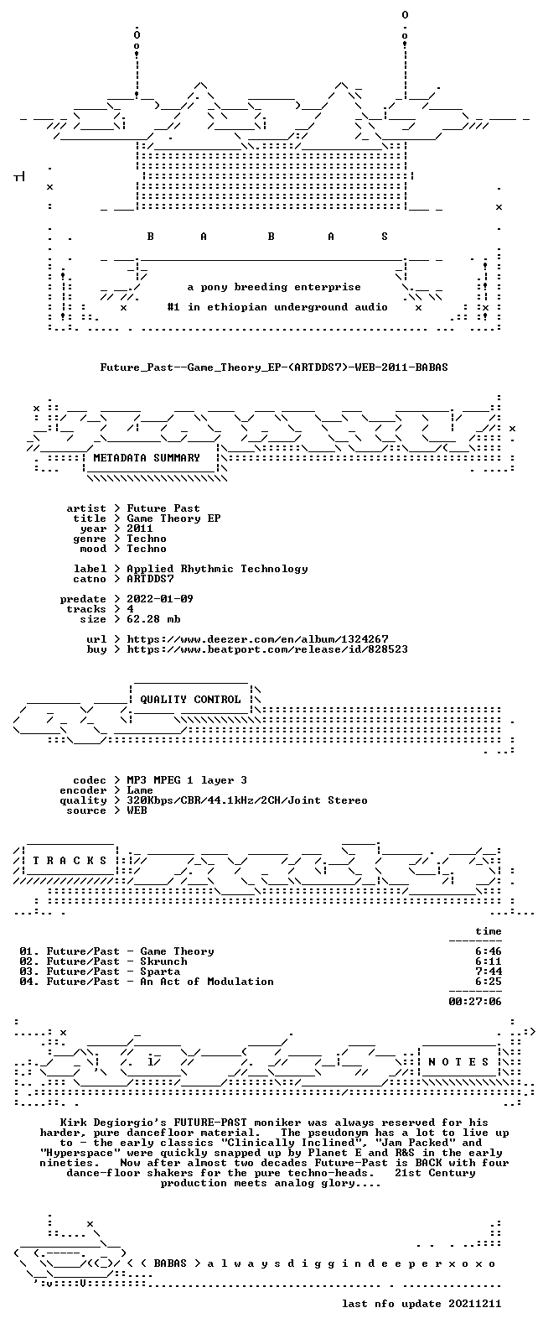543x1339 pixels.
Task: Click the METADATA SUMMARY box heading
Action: coord(147,458)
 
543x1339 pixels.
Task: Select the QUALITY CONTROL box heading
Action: coord(190,700)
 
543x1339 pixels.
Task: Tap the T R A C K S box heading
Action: coord(70,860)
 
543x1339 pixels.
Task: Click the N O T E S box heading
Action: coord(458,1061)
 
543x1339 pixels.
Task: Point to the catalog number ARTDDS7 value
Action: coord(150,579)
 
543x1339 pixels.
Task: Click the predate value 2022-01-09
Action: coord(160,599)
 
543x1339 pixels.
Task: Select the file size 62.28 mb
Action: coord(153,619)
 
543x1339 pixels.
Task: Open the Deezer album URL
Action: coord(257,639)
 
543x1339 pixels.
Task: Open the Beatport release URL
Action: coord(267,649)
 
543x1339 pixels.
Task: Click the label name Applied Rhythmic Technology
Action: coord(217,569)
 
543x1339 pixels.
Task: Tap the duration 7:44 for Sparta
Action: coord(489,972)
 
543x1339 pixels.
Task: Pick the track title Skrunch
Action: coord(163,961)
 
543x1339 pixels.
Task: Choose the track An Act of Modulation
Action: coord(207,982)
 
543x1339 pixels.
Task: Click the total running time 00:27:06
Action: coord(475,1002)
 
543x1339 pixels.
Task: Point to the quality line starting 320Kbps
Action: coord(246,800)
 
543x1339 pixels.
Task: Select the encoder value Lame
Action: coord(140,790)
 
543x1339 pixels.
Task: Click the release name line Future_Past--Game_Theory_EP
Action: coord(273,367)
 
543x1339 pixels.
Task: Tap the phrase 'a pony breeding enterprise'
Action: coord(273,288)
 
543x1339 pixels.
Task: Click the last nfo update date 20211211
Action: coord(475,1304)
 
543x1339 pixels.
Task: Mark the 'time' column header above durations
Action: coord(489,931)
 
